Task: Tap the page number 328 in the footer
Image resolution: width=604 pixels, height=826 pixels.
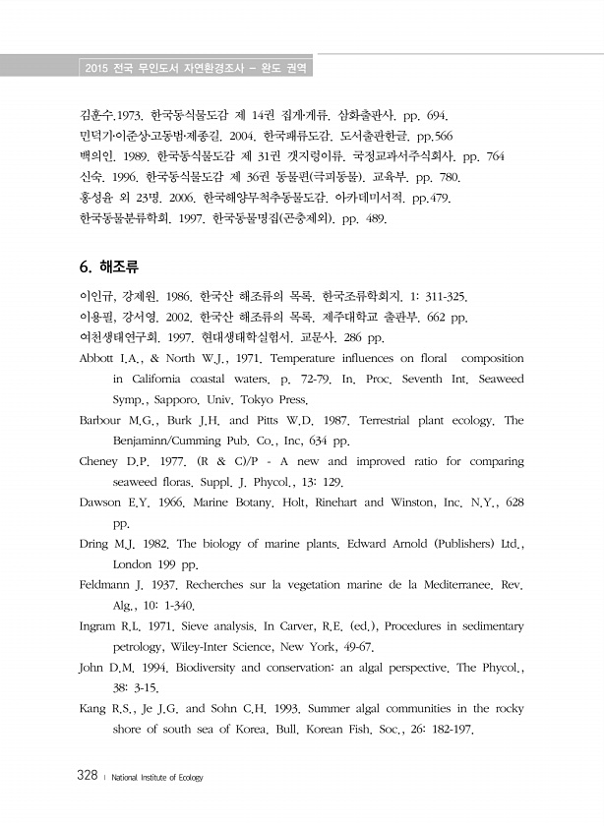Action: tap(86, 777)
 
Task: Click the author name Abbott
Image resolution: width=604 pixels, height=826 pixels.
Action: tap(99, 358)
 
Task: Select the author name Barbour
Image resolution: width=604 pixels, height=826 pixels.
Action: tap(101, 420)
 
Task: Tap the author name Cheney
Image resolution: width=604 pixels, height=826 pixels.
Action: tap(100, 461)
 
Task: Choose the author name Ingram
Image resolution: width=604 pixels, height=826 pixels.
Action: tap(99, 626)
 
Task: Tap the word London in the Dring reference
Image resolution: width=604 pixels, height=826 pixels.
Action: tap(133, 564)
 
